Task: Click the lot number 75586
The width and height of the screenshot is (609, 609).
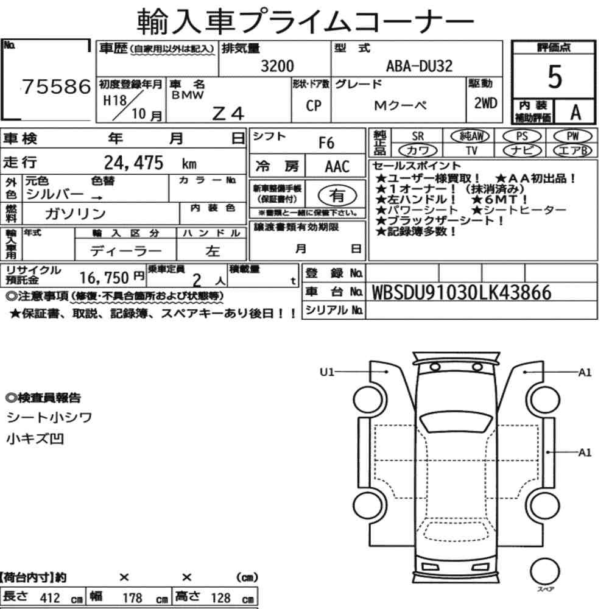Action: point(56,86)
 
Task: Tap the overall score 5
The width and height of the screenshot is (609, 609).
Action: point(555,77)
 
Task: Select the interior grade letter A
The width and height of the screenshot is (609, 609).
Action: point(576,113)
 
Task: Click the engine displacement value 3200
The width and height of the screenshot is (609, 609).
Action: point(277,66)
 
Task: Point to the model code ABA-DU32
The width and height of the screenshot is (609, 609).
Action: point(419,66)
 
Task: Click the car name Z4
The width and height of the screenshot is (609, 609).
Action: point(228,113)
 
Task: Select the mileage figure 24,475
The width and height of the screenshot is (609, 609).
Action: point(133,163)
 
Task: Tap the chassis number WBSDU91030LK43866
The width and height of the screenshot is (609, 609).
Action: point(462,292)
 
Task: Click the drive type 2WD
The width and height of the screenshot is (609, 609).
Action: point(485,104)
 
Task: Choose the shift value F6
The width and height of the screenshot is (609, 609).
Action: point(326,143)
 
